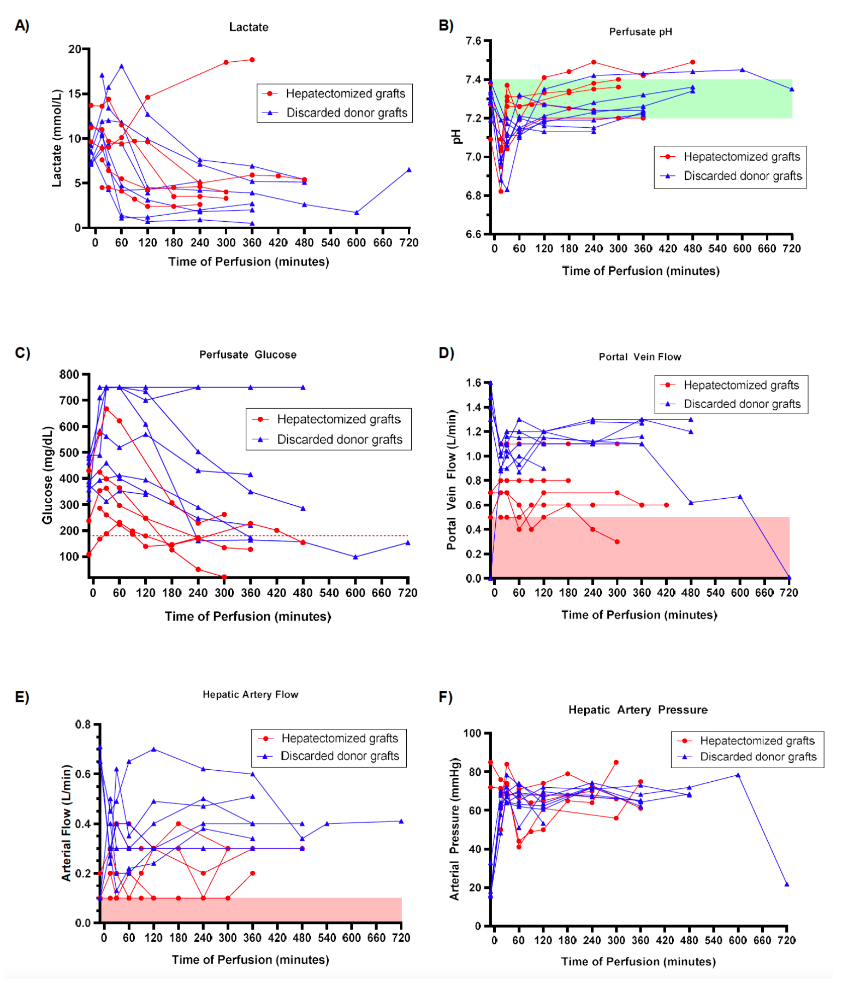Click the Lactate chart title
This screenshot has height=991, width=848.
[x=248, y=27]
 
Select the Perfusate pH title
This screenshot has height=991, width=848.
[x=640, y=32]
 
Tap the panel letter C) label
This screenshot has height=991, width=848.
[x=22, y=353]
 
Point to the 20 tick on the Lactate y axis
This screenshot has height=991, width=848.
[x=74, y=49]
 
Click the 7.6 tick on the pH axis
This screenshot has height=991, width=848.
[x=473, y=42]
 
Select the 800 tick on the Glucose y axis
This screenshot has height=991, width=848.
[x=69, y=375]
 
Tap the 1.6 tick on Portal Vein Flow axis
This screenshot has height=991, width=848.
[x=473, y=383]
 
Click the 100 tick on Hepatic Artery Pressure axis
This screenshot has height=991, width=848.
[x=472, y=733]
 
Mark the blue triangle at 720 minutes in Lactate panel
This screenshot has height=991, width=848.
[x=409, y=170]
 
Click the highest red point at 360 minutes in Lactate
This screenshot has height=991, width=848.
[x=252, y=60]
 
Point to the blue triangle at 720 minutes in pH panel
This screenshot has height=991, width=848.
[x=792, y=89]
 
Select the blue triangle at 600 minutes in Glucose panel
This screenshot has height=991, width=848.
[x=355, y=557]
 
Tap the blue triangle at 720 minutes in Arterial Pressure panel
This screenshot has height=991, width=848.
[x=787, y=884]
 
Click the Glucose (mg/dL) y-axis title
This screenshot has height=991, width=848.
[x=48, y=475]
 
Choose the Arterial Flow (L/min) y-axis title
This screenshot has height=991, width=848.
[x=66, y=823]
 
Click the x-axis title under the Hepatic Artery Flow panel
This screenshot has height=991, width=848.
[x=250, y=960]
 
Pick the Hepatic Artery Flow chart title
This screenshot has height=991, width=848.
[x=251, y=694]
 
